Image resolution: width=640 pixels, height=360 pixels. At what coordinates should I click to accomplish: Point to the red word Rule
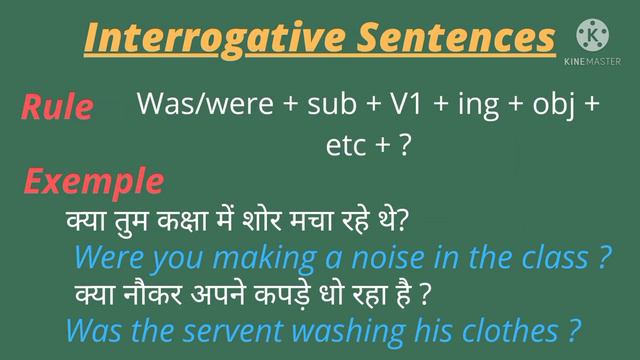(57, 106)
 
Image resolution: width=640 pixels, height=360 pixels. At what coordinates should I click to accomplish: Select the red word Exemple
(93, 181)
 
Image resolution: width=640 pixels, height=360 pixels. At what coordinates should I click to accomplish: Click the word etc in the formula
(346, 145)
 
